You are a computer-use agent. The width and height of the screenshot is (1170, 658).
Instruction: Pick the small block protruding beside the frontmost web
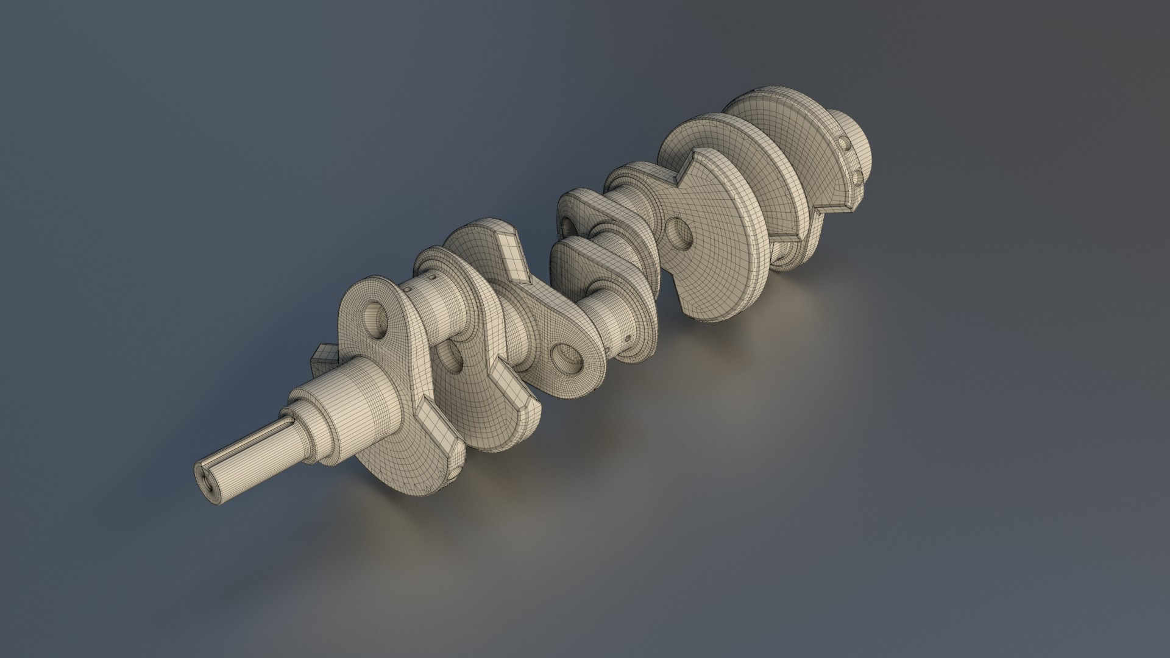324,362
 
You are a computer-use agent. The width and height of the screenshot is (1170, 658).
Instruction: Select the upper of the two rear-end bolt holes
845,144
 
